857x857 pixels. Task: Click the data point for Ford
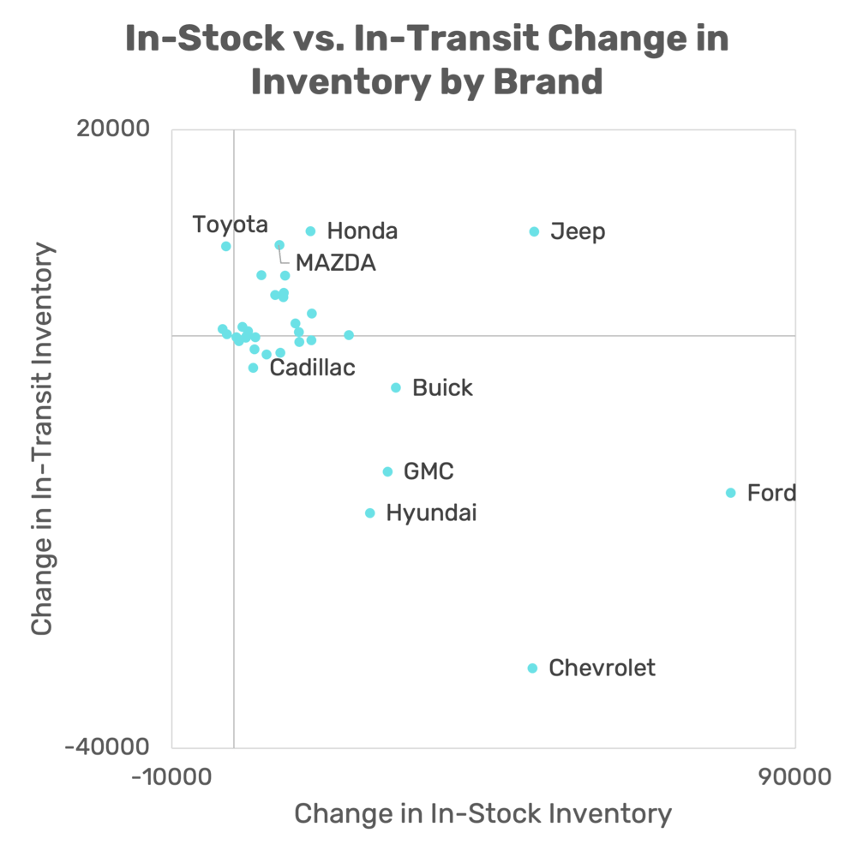coord(730,493)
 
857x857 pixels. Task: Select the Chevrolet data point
coord(532,668)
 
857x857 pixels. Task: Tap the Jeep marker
coord(534,231)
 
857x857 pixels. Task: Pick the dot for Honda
coord(311,231)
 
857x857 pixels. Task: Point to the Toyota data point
coord(226,246)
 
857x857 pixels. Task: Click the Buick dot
coord(396,387)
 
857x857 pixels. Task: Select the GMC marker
coord(387,471)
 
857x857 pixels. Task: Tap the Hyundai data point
coord(370,513)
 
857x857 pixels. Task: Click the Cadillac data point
coord(253,368)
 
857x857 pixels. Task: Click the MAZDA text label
coord(335,263)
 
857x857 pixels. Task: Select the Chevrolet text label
coord(602,668)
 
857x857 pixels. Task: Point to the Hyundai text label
coord(431,513)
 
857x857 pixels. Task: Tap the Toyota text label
coord(230,225)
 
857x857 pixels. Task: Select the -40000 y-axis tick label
coord(107,746)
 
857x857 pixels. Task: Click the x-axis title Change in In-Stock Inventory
coord(482,813)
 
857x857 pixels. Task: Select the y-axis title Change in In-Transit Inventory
coord(42,439)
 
